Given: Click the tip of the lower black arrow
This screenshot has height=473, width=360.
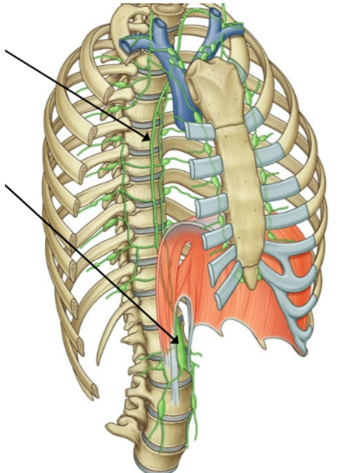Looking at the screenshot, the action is coord(178,343).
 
